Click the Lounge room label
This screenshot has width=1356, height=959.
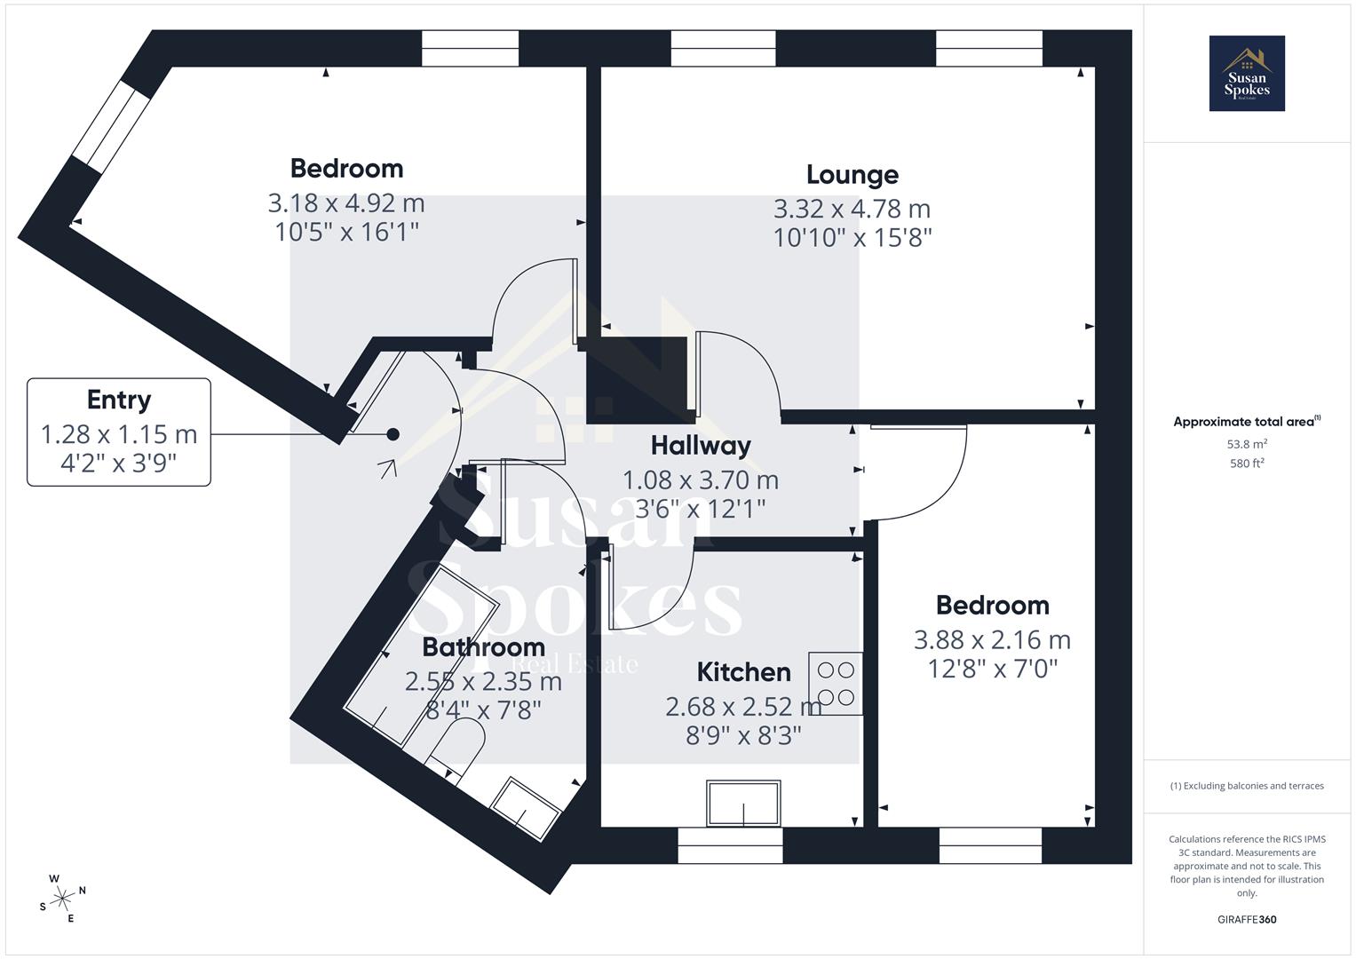point(852,175)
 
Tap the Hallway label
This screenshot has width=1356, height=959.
point(701,446)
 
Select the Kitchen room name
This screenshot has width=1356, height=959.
point(743,672)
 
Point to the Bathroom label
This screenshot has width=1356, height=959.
point(483,647)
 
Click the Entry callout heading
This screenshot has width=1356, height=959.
point(119,400)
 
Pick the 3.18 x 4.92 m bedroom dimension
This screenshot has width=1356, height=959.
point(346,203)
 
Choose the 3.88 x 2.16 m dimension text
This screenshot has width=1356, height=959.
point(992,640)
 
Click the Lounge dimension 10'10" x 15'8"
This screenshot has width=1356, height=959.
point(852,238)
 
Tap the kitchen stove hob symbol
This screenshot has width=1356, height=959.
point(835,684)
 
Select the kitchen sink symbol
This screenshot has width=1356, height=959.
point(743,803)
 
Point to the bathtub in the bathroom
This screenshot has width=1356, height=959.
point(421,655)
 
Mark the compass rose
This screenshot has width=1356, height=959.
point(62,899)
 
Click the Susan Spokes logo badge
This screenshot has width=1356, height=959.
point(1247,74)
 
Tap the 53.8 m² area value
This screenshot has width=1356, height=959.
point(1247,444)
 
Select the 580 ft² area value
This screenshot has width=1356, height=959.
point(1247,463)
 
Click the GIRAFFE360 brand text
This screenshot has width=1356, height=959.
point(1247,919)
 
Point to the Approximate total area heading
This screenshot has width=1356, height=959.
point(1245,422)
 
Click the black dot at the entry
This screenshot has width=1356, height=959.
point(393,434)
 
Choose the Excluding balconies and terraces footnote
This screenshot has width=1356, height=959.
point(1247,786)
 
